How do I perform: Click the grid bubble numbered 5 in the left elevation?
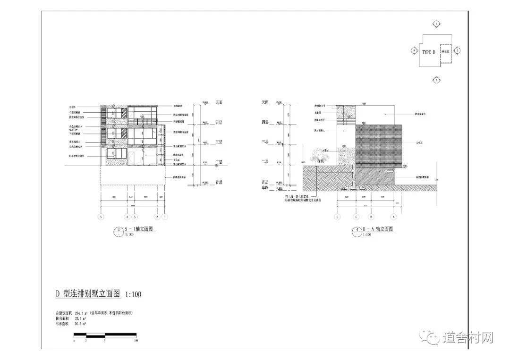100,217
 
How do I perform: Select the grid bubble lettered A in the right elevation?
394,217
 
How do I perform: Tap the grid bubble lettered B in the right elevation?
371,217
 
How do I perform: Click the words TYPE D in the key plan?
428,52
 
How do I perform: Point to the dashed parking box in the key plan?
446,51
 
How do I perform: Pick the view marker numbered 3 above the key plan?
437,23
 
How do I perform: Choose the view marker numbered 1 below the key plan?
437,80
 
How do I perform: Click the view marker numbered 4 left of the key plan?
414,50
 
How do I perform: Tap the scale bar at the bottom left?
104,335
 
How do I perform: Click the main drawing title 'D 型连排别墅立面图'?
88,294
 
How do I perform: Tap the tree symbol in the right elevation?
319,154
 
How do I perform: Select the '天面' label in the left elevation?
219,102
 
